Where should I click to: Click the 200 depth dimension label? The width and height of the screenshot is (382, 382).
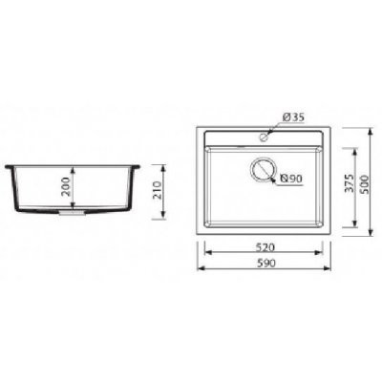click(x=66, y=187)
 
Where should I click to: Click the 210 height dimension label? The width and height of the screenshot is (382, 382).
click(x=157, y=190)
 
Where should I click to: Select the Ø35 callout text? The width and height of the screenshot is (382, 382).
click(x=293, y=117)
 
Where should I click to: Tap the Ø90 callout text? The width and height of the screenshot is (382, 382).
click(x=290, y=179)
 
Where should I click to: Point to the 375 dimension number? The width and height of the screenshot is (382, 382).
click(x=350, y=182)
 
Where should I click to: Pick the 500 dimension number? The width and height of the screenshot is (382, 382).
click(x=365, y=184)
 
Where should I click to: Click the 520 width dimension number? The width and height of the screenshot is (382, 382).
click(x=264, y=246)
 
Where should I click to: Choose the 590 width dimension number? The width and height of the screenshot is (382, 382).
click(x=264, y=264)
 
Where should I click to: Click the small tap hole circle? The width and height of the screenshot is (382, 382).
click(x=264, y=138)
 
